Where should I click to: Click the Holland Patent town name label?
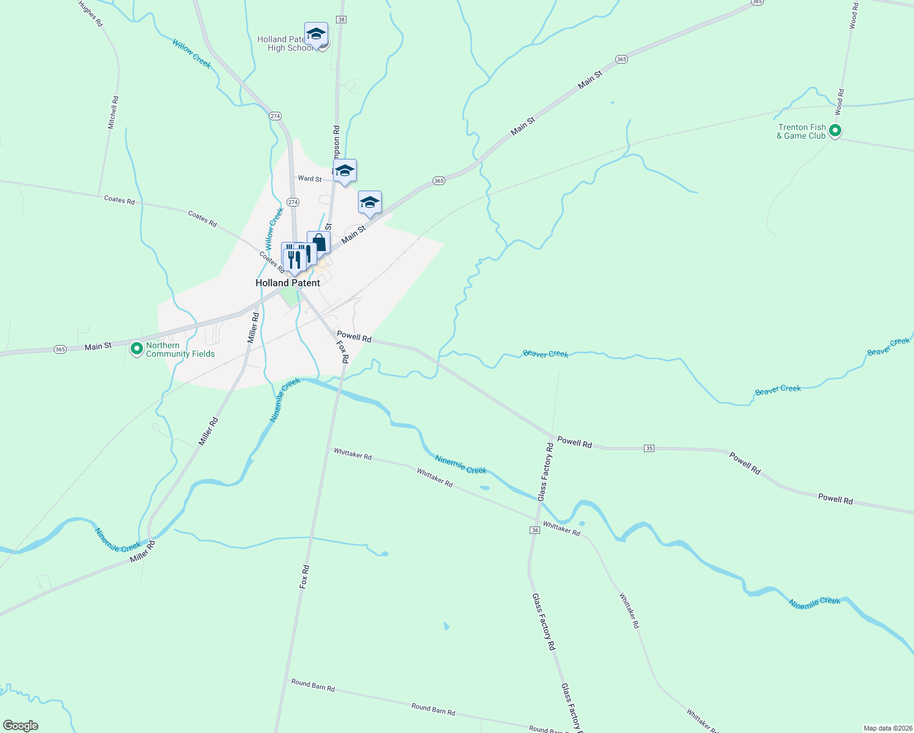pos(288,283)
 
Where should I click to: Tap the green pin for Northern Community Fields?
pos(137,349)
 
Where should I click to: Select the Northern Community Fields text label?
pos(180,349)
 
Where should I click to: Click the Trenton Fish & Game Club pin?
pos(835,131)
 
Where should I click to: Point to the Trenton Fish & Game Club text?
pos(801,131)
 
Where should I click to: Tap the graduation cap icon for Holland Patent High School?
pos(316,34)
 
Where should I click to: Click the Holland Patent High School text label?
pos(285,43)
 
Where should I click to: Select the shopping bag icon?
pos(318,243)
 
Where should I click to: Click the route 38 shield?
pos(341,20)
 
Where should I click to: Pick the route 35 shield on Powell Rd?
pos(649,448)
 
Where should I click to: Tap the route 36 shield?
pos(535,530)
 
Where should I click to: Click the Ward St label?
pos(309,179)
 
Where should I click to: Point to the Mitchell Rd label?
pos(113,112)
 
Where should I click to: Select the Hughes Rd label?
pos(90,13)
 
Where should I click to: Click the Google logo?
pos(20,726)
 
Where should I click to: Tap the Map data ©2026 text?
pos(887,728)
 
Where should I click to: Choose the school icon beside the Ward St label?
pos(345,171)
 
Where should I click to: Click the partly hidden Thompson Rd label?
pos(336,142)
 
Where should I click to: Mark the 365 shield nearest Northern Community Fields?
pos(60,349)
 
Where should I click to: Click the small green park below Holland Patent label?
pos(288,298)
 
